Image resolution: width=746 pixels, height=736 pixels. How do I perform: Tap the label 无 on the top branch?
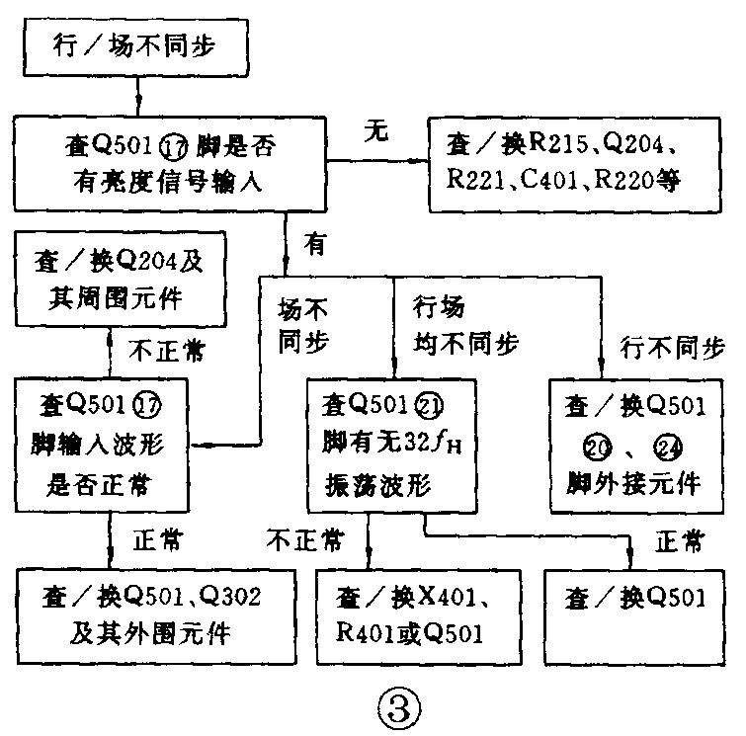coord(374,129)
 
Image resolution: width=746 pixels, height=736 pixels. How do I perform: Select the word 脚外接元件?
coord(633,483)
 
